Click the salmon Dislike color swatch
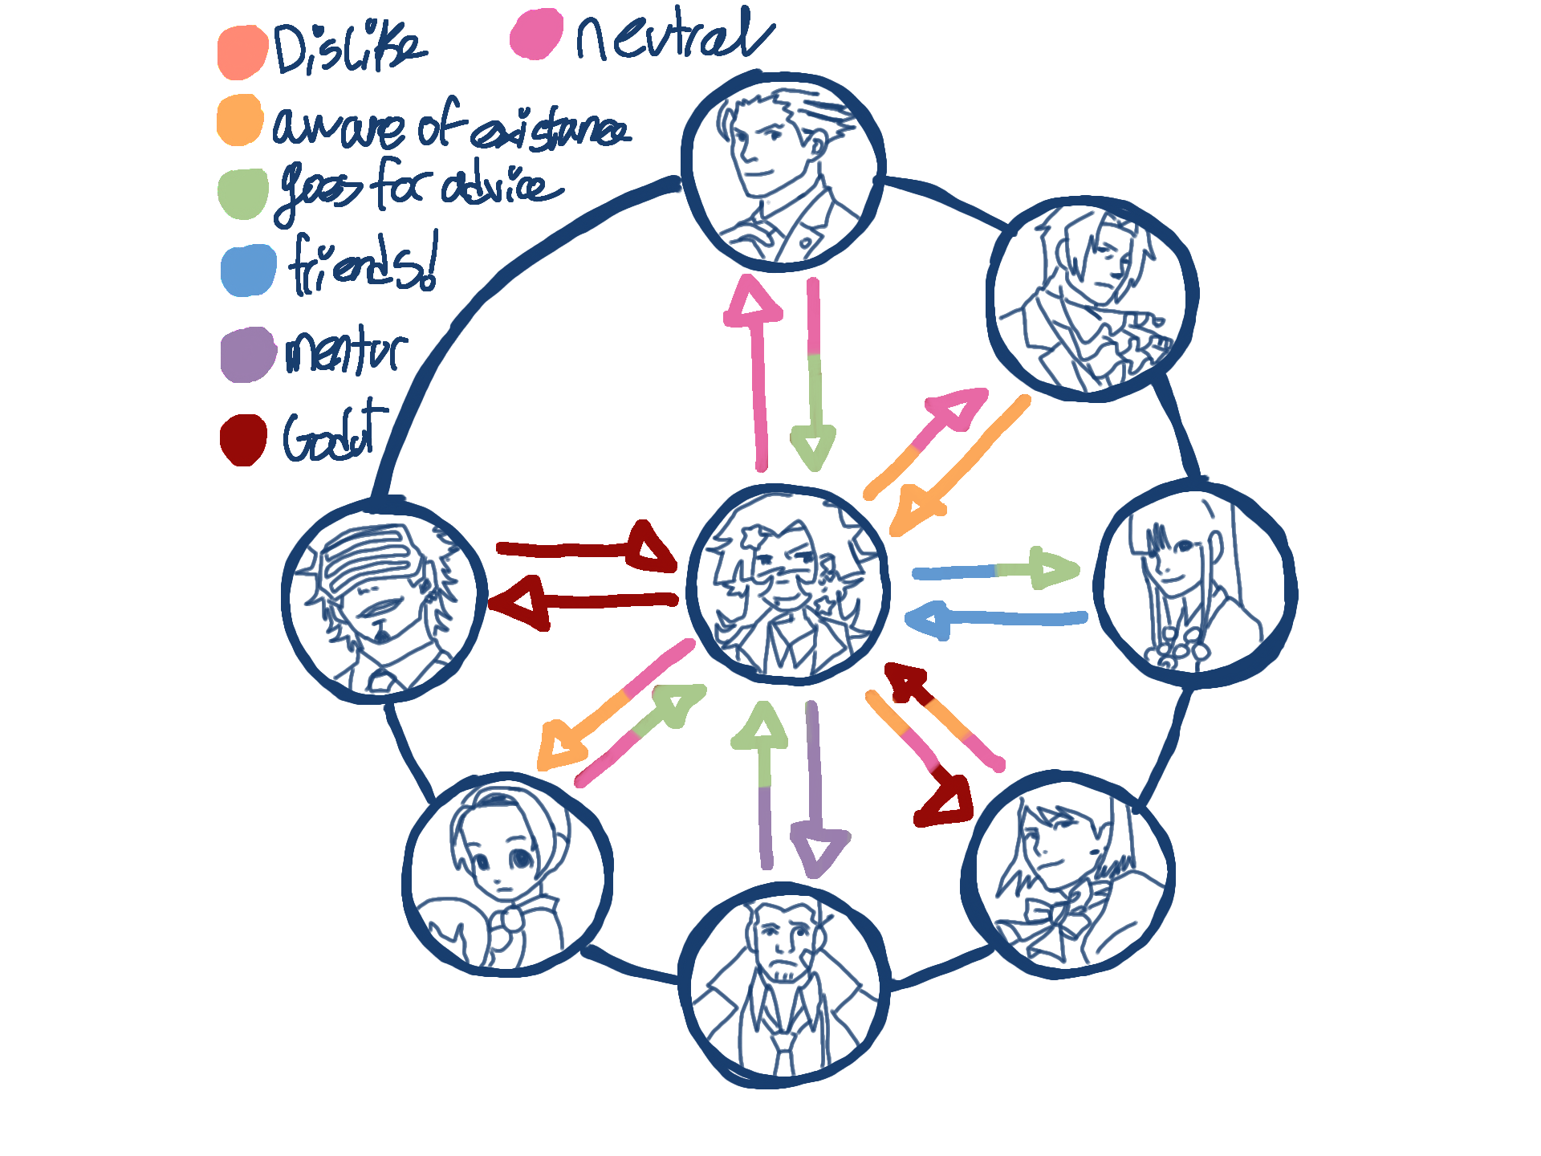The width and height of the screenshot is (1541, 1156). (242, 52)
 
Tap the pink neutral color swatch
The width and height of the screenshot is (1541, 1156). (535, 35)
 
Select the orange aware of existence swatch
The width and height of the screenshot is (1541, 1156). (240, 120)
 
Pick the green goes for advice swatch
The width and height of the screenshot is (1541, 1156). (242, 193)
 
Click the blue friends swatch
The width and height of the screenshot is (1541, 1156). (249, 271)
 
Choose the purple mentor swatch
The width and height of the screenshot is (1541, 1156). (248, 354)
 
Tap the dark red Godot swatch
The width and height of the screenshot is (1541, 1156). (243, 439)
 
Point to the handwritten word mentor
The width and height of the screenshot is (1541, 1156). (346, 351)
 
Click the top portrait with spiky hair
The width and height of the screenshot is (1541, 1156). (783, 171)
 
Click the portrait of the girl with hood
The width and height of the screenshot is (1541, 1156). (506, 875)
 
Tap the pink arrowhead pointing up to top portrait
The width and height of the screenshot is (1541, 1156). (752, 303)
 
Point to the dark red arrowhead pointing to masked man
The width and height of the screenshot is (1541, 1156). (522, 602)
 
